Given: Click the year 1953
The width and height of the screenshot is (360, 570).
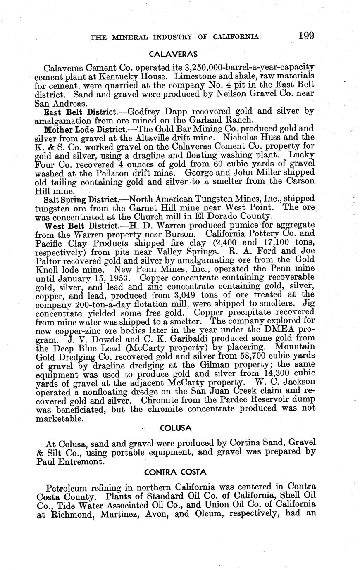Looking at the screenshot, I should coord(123,277).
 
